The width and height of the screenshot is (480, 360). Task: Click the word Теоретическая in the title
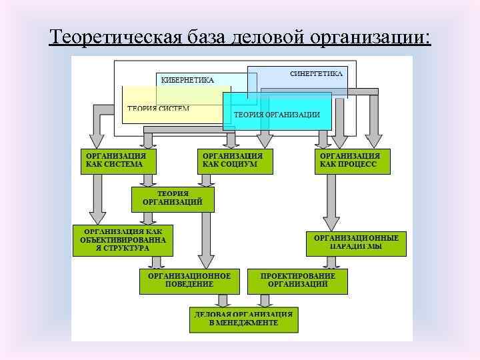[x=111, y=37]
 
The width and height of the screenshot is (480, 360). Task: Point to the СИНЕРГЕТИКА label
[x=317, y=73]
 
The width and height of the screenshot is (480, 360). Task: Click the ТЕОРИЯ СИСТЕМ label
[x=159, y=108]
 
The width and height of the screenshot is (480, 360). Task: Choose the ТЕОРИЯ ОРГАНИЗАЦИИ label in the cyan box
[x=277, y=115]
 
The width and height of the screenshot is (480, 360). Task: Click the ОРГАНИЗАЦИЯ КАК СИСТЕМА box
[x=118, y=161]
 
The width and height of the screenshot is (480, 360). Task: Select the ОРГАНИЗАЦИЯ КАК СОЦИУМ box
[x=235, y=161]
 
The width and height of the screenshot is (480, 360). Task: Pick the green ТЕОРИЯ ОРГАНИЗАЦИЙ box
[x=173, y=198]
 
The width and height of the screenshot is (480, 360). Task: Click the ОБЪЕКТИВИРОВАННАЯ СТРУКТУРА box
[x=123, y=239]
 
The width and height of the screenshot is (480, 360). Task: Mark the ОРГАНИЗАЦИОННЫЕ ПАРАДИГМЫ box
[x=356, y=242]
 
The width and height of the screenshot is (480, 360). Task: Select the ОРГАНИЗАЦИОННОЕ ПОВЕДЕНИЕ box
[x=189, y=280]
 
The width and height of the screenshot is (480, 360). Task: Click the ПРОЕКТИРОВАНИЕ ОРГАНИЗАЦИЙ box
[x=297, y=280]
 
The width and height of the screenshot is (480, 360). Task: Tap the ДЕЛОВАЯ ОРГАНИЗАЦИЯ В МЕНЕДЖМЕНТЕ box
[x=243, y=319]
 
